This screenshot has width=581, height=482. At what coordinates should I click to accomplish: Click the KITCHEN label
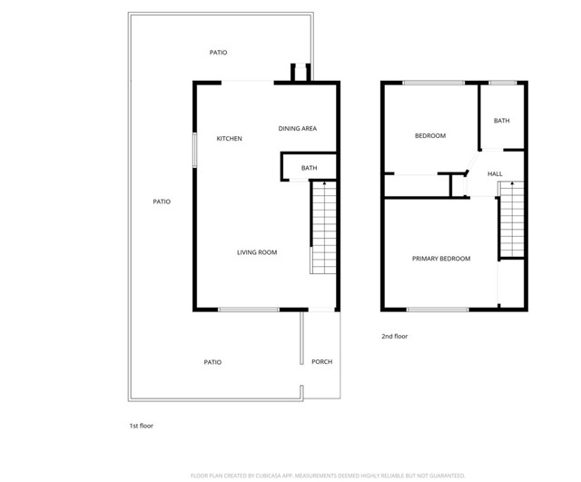(x=229, y=139)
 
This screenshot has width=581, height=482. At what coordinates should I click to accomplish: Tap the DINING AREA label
(x=297, y=129)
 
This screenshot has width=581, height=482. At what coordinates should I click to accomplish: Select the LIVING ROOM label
(x=257, y=252)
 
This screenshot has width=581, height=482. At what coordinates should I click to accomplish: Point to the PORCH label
(x=321, y=362)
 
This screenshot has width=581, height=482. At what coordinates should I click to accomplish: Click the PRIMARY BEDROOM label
(x=441, y=259)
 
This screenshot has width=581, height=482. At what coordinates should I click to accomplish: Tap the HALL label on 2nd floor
(x=495, y=174)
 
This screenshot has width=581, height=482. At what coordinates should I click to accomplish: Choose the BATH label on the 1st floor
(x=309, y=168)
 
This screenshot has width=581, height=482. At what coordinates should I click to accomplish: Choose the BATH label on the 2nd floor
(x=502, y=121)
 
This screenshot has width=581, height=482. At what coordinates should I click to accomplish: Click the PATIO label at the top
(x=218, y=53)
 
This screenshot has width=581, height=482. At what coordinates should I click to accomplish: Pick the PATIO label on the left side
(x=162, y=202)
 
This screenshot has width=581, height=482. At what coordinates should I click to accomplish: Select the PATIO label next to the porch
(x=212, y=362)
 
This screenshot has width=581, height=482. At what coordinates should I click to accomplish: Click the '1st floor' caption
(x=141, y=425)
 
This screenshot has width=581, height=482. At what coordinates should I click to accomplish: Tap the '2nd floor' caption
(x=394, y=337)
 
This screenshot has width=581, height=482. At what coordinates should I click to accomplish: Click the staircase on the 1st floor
(x=324, y=227)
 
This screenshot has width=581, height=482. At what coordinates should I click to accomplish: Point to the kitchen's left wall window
(x=193, y=151)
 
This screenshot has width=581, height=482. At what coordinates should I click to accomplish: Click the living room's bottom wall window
(x=248, y=310)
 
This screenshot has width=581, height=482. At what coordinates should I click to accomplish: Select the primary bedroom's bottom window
(x=438, y=310)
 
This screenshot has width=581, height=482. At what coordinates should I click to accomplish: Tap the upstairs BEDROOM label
(x=429, y=136)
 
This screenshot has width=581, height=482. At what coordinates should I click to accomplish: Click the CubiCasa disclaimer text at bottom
(x=327, y=475)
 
